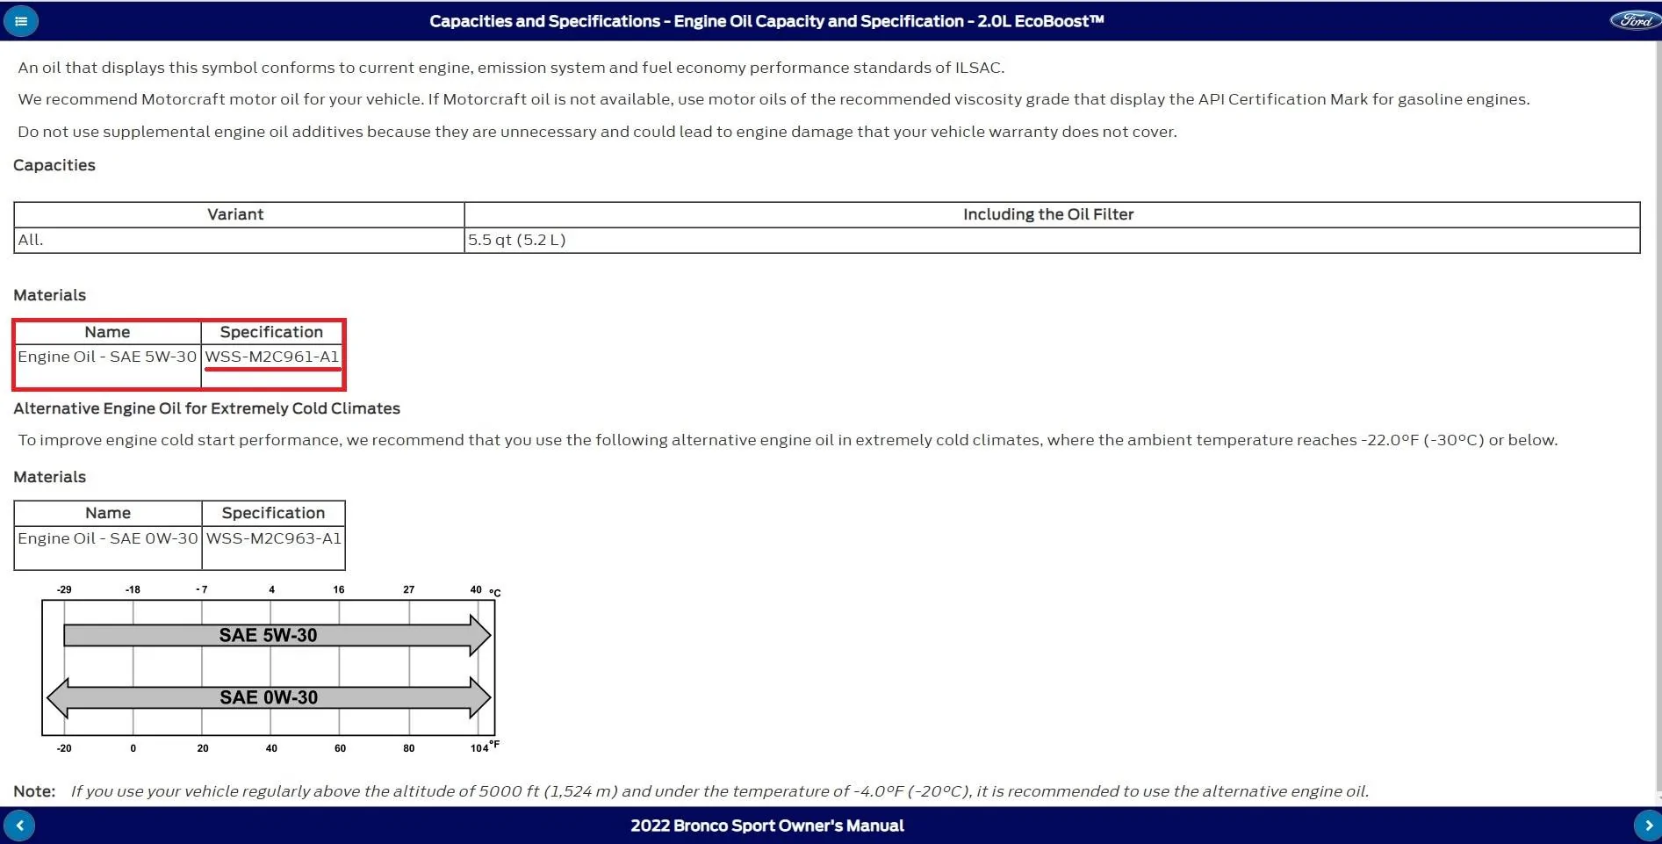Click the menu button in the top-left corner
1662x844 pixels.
(21, 21)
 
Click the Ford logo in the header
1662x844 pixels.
(1634, 20)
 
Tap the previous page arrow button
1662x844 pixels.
(19, 826)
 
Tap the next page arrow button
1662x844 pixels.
(1647, 826)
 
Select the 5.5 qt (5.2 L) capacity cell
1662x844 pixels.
(516, 240)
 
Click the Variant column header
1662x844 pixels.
(235, 214)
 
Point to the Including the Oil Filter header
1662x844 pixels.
(1047, 214)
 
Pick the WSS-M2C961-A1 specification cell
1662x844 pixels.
(271, 357)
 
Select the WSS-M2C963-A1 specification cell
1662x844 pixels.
(273, 538)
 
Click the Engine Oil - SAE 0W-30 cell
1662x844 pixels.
(108, 538)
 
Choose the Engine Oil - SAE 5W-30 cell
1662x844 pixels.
(107, 357)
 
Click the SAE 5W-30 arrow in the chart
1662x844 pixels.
(269, 635)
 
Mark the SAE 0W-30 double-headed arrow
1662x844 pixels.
(269, 697)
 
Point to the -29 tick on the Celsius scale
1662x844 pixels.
(64, 589)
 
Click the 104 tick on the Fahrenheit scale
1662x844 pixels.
(479, 748)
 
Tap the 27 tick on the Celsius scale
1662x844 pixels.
(408, 589)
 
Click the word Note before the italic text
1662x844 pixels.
(34, 791)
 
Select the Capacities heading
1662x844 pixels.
(54, 165)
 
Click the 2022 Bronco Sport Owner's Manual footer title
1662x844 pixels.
(766, 826)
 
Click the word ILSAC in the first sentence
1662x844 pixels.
(978, 68)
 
